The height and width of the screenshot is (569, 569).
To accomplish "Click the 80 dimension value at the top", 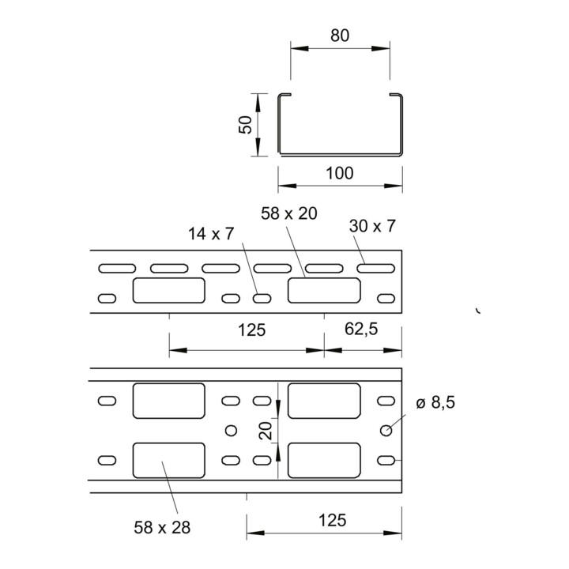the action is click(340, 36).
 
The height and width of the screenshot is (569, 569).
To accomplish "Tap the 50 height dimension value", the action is click(246, 125).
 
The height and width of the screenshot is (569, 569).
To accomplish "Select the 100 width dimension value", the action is click(340, 173).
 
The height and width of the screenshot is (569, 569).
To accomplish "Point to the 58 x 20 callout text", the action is click(289, 213).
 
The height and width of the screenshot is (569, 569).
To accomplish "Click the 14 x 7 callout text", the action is click(211, 234).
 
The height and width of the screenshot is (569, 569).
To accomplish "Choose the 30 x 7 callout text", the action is click(372, 226).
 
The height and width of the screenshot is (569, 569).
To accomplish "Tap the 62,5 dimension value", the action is click(361, 329).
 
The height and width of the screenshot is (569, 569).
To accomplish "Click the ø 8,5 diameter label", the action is click(435, 402).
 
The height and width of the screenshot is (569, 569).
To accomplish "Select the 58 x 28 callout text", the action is click(162, 527).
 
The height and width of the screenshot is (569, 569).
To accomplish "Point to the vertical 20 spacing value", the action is click(267, 431).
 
